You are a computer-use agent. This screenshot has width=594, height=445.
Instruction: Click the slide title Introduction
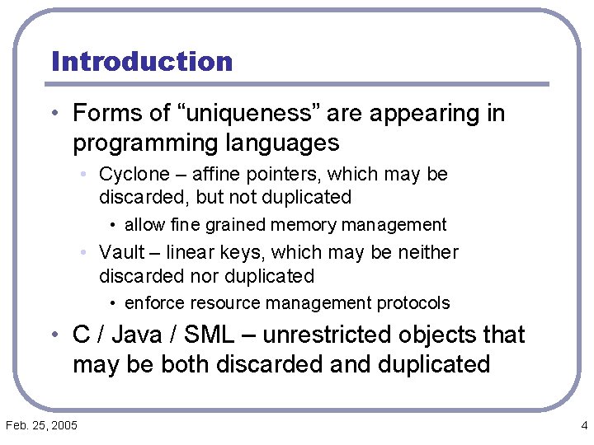(142, 62)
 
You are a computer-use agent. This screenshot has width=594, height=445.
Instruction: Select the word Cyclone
(130, 175)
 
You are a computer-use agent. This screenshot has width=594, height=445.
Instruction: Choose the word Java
(138, 335)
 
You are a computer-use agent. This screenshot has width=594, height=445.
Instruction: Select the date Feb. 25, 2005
(41, 425)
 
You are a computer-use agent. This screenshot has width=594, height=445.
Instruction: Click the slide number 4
(584, 425)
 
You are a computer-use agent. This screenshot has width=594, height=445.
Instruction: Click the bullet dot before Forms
(54, 113)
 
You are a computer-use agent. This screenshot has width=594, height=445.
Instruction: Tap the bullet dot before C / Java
(54, 335)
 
